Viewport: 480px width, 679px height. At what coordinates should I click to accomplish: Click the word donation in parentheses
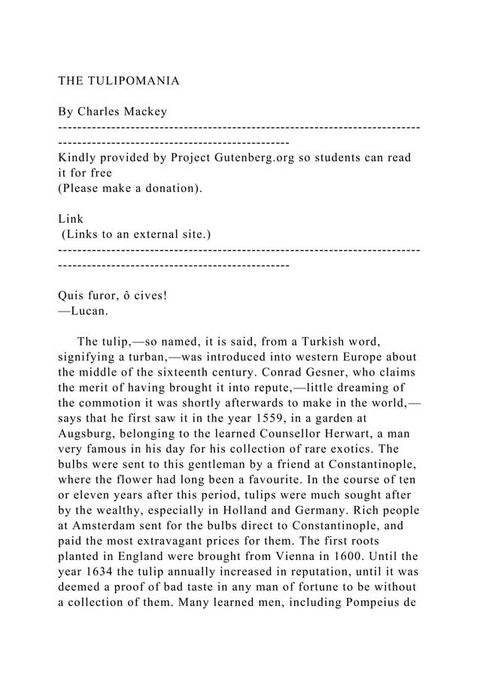pos(170,187)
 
